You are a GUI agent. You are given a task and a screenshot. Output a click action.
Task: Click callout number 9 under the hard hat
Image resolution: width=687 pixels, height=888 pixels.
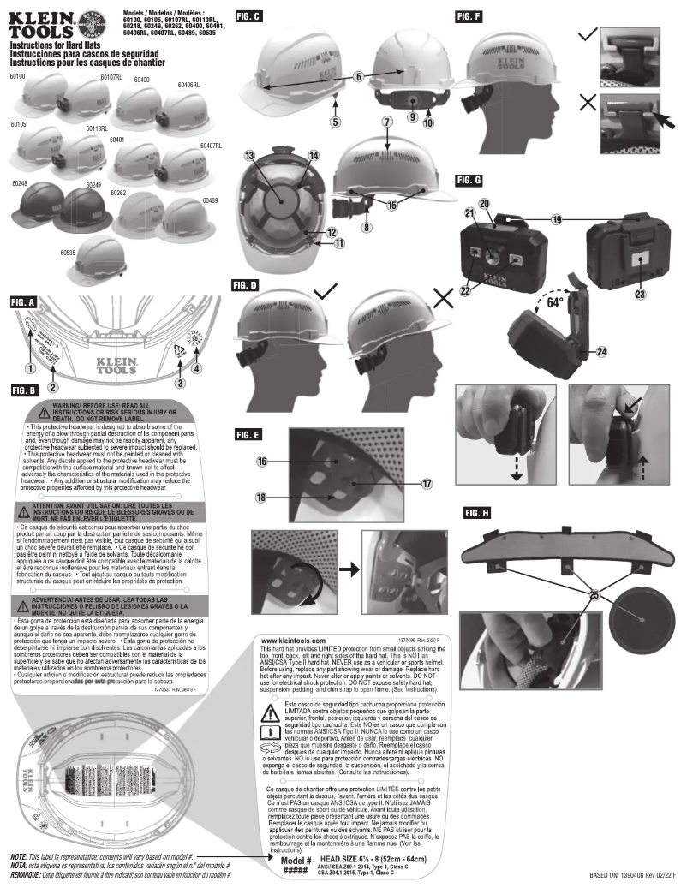[411, 116]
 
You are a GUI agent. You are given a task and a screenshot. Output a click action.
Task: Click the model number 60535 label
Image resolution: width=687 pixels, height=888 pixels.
[69, 253]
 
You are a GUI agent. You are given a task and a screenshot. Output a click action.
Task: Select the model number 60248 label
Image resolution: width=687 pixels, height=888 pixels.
[20, 182]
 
